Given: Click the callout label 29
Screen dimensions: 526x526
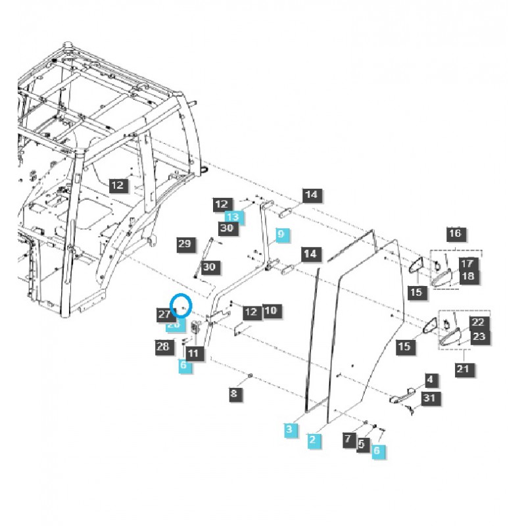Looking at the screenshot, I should (x=185, y=244).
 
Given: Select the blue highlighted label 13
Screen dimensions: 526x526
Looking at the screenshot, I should (x=233, y=216).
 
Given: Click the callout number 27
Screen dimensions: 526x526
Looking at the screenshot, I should (x=164, y=315).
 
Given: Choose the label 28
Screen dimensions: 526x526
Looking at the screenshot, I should (x=163, y=346).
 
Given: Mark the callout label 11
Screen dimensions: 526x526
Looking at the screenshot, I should (x=193, y=353).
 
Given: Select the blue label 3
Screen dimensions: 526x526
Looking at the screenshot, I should (x=289, y=429).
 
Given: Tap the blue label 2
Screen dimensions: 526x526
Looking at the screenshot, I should (x=314, y=441).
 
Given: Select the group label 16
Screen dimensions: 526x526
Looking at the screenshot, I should (x=455, y=233).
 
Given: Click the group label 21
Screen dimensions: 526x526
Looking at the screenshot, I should (x=463, y=369).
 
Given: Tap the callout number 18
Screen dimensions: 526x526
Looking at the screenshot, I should (x=467, y=277).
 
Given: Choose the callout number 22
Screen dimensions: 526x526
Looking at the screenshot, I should (x=477, y=322).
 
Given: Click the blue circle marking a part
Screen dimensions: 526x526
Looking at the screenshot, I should (x=181, y=306).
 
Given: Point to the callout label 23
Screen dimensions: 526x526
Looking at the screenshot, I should (x=479, y=337).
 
